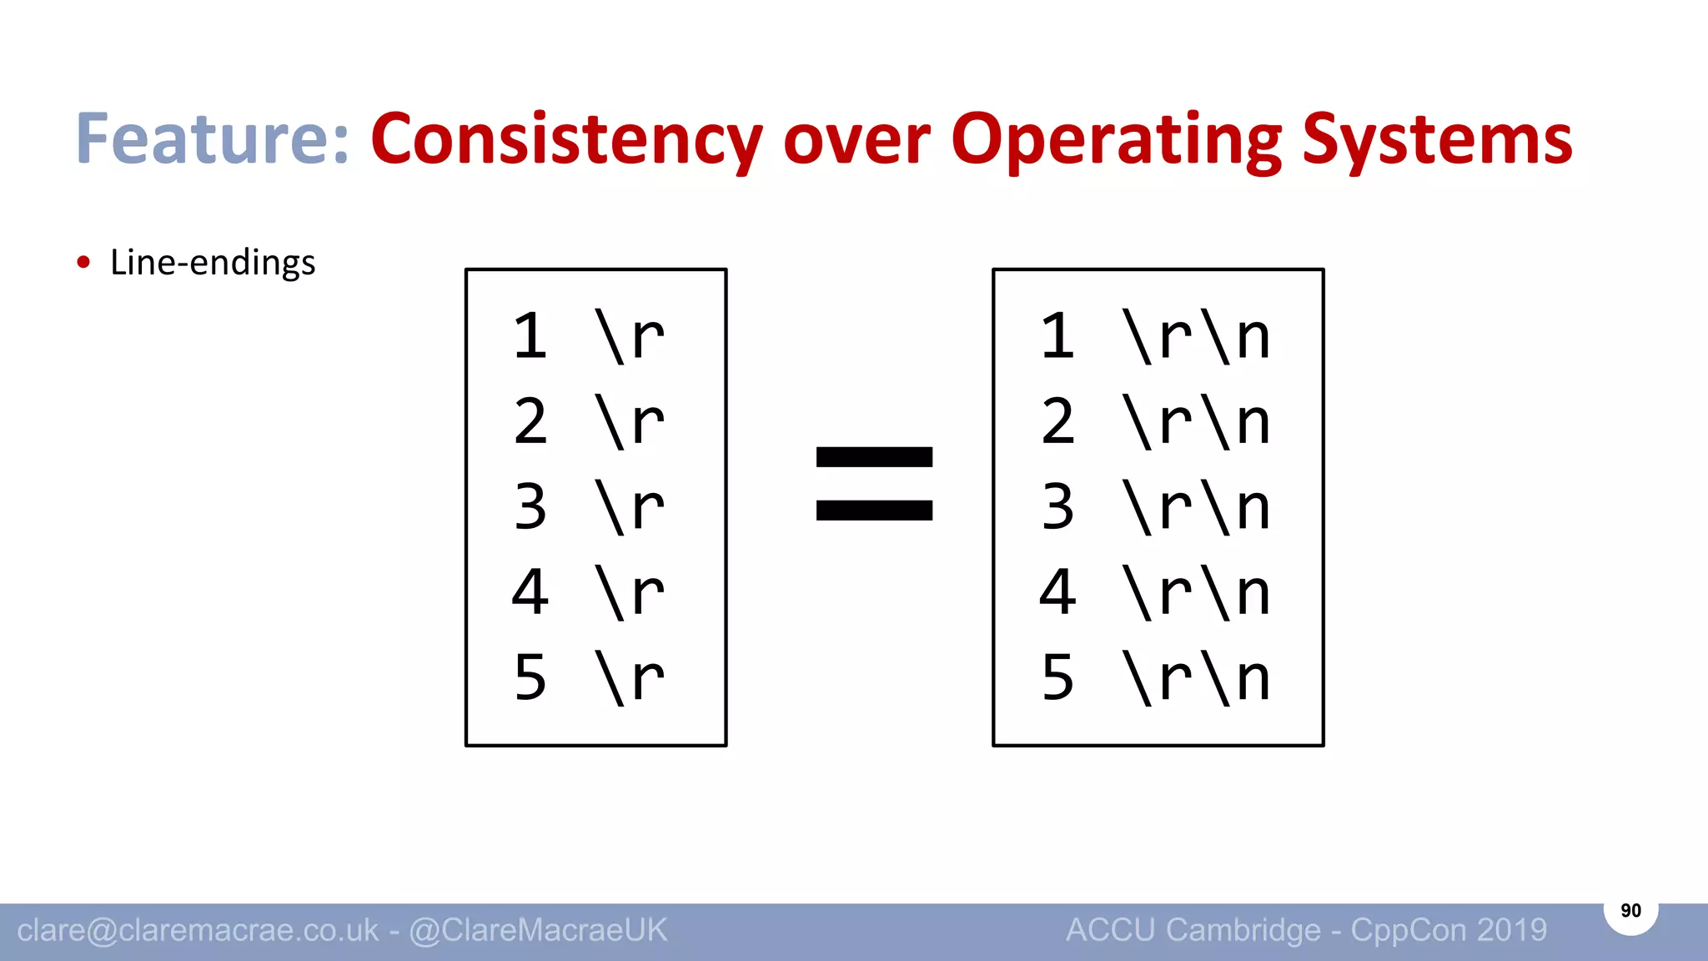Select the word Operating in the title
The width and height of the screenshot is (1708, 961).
[1116, 139]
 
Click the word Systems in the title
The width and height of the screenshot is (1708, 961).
[1437, 139]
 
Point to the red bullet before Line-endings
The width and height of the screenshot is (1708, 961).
[83, 263]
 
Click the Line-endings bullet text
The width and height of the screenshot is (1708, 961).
[213, 263]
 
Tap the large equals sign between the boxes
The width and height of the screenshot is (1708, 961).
[873, 483]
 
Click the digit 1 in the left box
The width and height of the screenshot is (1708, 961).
[530, 337]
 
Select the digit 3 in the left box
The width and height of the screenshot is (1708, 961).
[530, 507]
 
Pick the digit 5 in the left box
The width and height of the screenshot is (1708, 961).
[530, 677]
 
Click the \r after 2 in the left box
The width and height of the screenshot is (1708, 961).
[630, 422]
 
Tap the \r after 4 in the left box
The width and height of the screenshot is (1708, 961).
[630, 592]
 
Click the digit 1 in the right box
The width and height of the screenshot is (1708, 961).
[1057, 337]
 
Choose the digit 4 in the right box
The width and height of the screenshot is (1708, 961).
[1057, 592]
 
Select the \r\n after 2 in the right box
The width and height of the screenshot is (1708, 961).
[1197, 422]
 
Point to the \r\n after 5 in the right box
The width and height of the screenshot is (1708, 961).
[1197, 677]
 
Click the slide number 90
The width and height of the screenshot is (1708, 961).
[1630, 911]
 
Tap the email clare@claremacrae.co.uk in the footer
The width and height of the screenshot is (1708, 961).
[198, 930]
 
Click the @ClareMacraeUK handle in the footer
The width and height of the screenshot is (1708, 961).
[539, 930]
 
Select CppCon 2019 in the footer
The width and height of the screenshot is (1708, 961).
[1449, 930]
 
